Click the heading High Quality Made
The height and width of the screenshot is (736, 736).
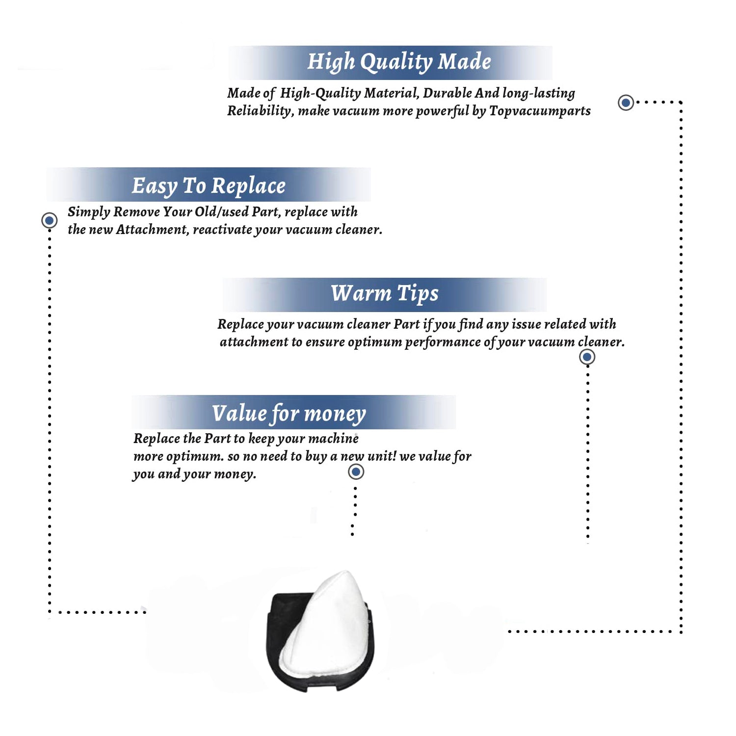[x=399, y=62]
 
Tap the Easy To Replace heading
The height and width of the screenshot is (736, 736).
[x=209, y=186]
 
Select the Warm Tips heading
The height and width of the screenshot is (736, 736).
[x=384, y=293]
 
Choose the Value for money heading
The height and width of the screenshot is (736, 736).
[x=289, y=414]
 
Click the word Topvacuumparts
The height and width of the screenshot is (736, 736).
[x=540, y=111]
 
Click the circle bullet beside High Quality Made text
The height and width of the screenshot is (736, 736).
[x=626, y=103]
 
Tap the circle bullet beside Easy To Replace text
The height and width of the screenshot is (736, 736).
[x=49, y=220]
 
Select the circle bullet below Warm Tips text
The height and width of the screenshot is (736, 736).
[x=587, y=357]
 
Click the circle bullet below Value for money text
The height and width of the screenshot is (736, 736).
[x=356, y=472]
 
